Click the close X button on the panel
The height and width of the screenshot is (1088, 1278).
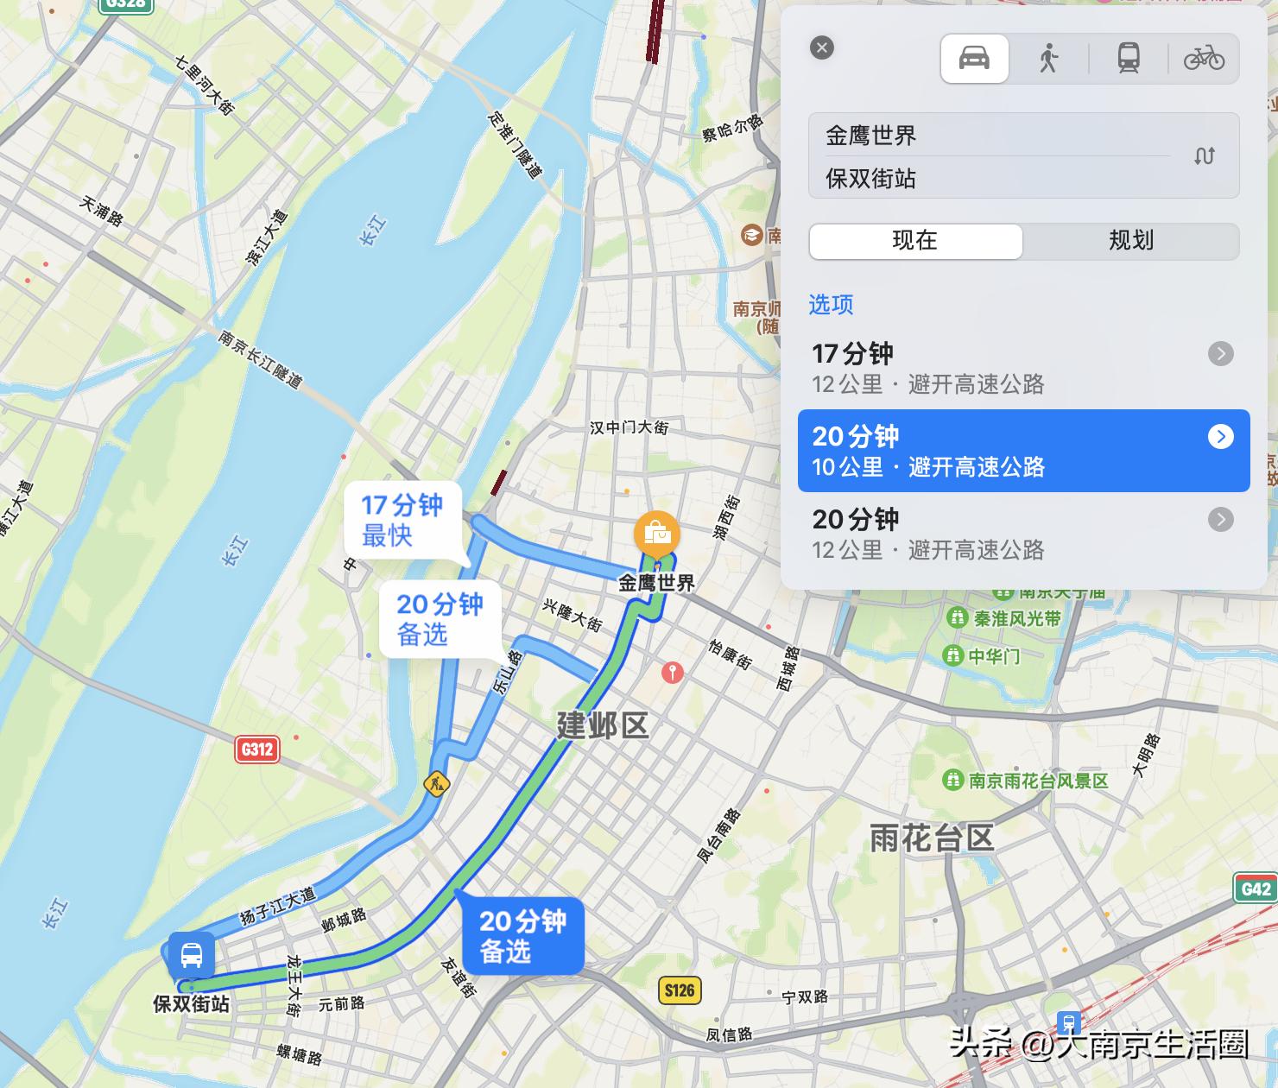822,47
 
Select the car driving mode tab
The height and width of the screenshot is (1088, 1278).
974,59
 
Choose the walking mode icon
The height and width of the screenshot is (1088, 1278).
1048,59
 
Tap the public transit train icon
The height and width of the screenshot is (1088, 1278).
1128,59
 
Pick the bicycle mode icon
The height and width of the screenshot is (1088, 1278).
1204,59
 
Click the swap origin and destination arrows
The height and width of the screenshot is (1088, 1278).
1205,156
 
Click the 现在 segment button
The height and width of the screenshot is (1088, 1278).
915,241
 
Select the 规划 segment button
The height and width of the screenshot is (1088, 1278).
1131,241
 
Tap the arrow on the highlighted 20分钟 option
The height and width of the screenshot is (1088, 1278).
1220,437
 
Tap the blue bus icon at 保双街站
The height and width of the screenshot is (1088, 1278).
192,955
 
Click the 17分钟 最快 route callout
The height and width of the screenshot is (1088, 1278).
402,521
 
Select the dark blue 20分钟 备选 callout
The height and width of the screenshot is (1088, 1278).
522,936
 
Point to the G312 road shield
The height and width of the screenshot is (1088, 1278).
257,749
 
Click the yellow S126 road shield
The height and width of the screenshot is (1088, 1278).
680,990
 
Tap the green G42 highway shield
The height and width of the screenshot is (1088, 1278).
1256,889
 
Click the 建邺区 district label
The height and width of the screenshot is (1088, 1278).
602,726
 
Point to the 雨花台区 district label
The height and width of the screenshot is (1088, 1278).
932,838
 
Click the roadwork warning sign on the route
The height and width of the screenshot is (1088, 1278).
437,784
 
